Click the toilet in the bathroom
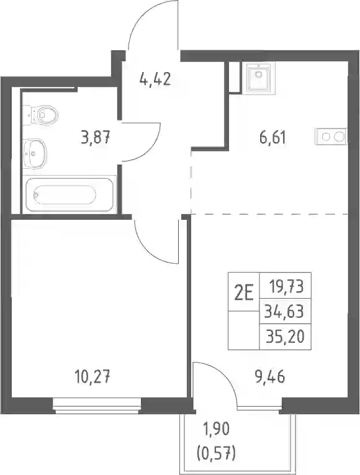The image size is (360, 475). click(x=40, y=114)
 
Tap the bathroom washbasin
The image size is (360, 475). click(x=35, y=153)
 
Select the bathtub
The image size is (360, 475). click(x=70, y=194)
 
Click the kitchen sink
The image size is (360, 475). click(x=259, y=77)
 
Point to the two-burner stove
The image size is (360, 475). click(x=331, y=137)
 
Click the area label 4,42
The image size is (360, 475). click(x=155, y=79)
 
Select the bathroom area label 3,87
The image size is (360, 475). click(x=95, y=138)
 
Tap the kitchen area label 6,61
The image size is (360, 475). click(x=272, y=138)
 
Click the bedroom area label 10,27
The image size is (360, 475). click(x=92, y=378)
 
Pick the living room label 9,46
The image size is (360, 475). click(x=270, y=378)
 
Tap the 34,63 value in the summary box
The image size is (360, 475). click(x=284, y=311)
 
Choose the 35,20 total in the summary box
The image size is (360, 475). click(x=285, y=337)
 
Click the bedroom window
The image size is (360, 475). click(x=97, y=406)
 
